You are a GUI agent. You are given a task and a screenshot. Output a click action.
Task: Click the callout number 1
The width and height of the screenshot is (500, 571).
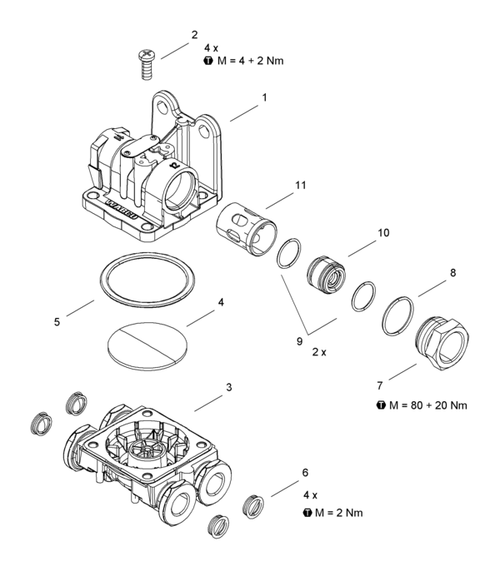pos(264,97)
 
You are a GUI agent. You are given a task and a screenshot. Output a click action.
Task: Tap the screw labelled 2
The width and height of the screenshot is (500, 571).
pos(144,63)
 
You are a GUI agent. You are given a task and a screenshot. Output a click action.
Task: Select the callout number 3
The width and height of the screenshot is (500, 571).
pos(228,388)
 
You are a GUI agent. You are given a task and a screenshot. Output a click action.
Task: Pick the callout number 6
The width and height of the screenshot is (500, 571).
pos(305,473)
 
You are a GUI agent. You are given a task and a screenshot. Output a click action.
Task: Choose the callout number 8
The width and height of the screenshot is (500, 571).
pos(452,271)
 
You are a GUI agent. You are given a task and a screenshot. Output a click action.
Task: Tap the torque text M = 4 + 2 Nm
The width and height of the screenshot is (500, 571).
pos(249,61)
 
